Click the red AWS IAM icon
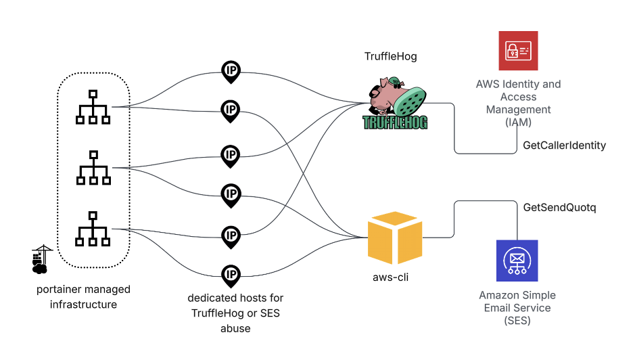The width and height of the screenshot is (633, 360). tap(518, 51)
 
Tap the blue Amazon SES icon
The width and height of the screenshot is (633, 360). tap(517, 261)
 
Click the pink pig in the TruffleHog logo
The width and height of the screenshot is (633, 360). tap(384, 95)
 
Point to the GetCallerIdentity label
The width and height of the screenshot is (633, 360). tap(564, 145)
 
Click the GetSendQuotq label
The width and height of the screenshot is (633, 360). tap(559, 207)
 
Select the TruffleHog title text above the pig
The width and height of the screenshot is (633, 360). tap(391, 56)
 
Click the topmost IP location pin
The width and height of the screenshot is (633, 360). tap(231, 71)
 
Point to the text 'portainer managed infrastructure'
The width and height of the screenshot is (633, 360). tap(83, 297)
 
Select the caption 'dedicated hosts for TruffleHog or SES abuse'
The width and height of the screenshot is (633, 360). tap(235, 313)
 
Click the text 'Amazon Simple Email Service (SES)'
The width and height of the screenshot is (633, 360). tap(517, 308)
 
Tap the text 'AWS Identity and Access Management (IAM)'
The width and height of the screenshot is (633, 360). tap(518, 103)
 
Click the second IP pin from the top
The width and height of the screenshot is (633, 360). tap(231, 110)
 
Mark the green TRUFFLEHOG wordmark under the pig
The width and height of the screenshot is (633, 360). tap(395, 122)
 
